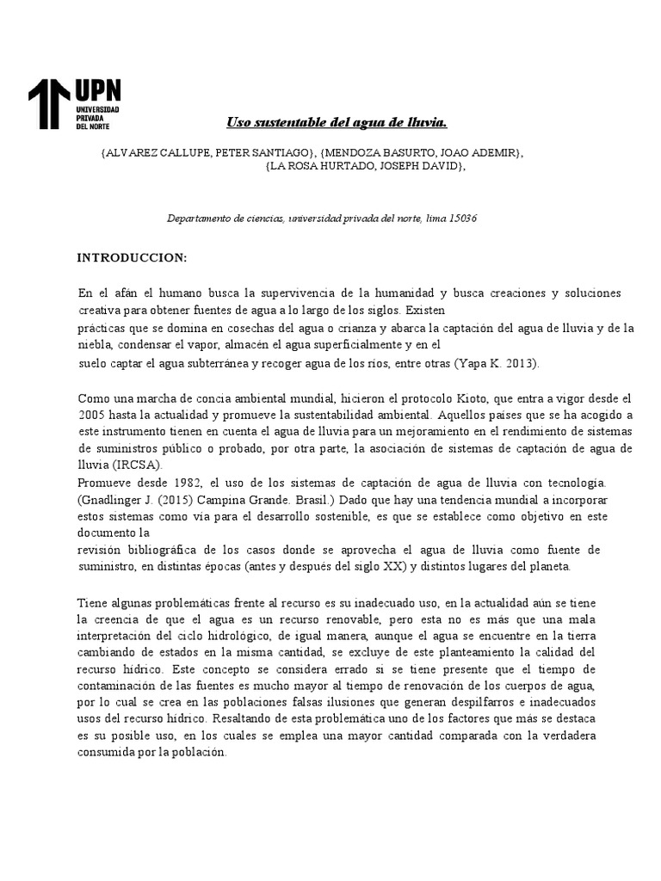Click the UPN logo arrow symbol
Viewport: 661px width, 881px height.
pos(49,104)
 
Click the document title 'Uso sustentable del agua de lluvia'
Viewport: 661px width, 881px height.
pos(337,123)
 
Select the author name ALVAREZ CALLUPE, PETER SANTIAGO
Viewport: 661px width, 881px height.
pos(207,152)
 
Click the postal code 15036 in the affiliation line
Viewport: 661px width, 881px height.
pos(461,219)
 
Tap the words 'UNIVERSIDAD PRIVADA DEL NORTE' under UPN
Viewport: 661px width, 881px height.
pos(97,118)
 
